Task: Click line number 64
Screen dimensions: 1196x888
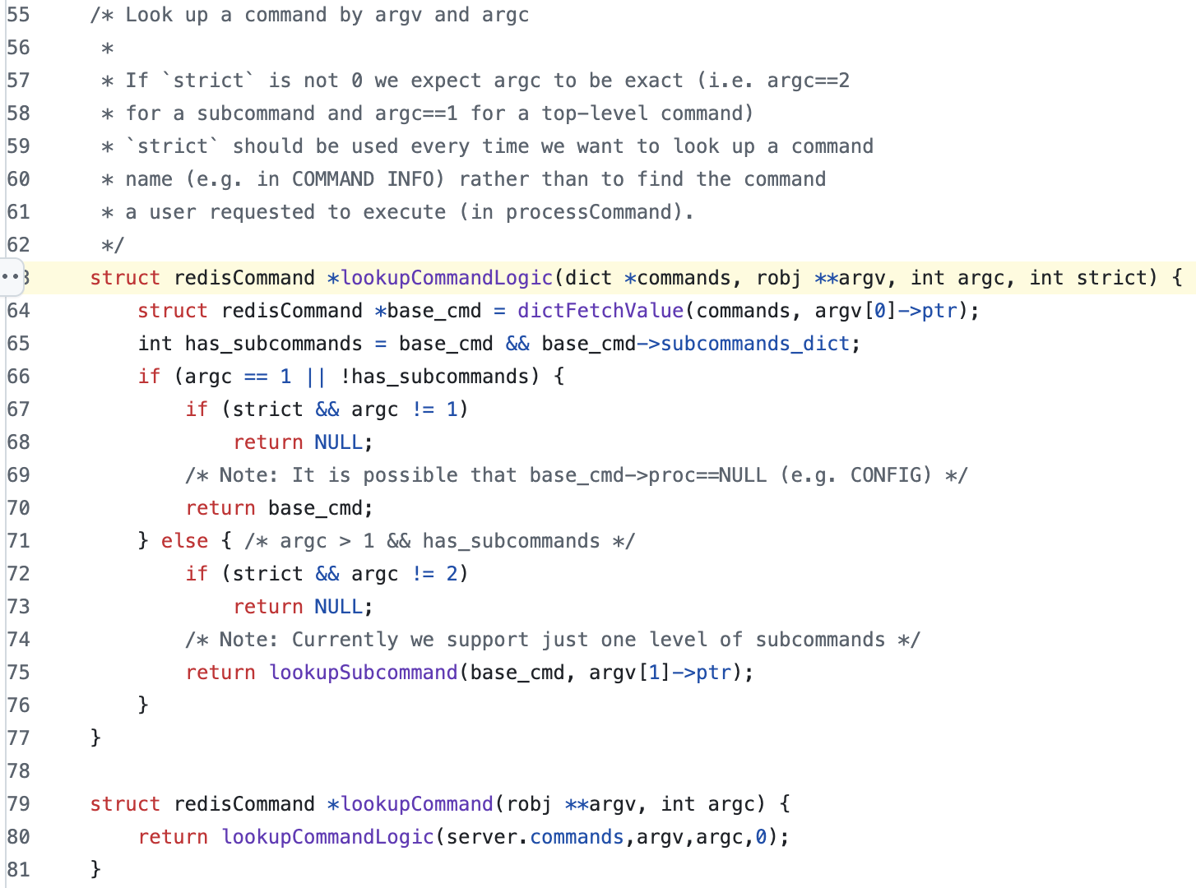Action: point(18,311)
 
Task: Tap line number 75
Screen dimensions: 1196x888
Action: point(18,673)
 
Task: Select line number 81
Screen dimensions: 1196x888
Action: point(18,870)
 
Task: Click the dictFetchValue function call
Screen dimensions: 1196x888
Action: point(600,311)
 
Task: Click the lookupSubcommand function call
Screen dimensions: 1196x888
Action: point(364,673)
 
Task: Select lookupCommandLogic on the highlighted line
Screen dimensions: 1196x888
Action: point(447,278)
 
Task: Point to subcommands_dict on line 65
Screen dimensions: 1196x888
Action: point(756,344)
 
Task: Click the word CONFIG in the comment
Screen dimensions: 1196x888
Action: point(891,475)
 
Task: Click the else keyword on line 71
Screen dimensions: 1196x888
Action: point(184,541)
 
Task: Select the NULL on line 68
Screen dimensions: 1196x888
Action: point(339,442)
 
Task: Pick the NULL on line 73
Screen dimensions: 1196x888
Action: point(339,607)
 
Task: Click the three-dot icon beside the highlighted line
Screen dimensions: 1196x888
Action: point(11,277)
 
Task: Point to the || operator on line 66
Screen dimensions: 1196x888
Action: point(315,377)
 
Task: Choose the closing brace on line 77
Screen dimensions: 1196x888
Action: point(95,738)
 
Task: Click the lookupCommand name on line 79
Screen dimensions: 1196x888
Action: point(417,804)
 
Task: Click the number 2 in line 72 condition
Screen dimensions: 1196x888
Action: point(452,574)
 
